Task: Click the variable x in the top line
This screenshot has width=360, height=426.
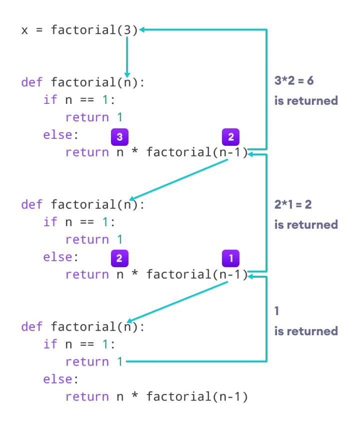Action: click(24, 30)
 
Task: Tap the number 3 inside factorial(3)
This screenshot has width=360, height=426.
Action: click(127, 30)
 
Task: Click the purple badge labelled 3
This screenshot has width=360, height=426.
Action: click(119, 137)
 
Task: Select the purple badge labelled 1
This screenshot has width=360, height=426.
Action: click(230, 258)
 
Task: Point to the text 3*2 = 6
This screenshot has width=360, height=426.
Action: click(294, 80)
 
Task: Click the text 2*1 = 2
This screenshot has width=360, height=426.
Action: click(293, 204)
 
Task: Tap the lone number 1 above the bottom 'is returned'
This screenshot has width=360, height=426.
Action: click(277, 311)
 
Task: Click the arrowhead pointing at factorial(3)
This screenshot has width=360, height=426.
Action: click(141, 29)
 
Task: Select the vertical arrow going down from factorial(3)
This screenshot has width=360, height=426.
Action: click(127, 57)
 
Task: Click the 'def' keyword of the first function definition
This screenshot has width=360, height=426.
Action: click(32, 82)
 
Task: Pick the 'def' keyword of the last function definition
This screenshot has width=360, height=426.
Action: click(32, 327)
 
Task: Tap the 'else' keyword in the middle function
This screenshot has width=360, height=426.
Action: click(57, 257)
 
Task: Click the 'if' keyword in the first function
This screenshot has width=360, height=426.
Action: click(50, 100)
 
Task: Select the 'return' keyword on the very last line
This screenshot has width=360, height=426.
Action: click(87, 397)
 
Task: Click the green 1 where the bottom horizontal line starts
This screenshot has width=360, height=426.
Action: click(120, 362)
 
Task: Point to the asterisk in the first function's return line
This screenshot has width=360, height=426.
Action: click(134, 151)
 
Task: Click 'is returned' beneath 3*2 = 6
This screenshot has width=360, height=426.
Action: click(306, 101)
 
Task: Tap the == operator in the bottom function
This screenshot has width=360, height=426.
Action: click(87, 345)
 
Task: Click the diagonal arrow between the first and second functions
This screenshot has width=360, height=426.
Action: click(178, 180)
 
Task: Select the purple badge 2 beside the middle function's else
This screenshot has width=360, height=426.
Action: click(119, 258)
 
